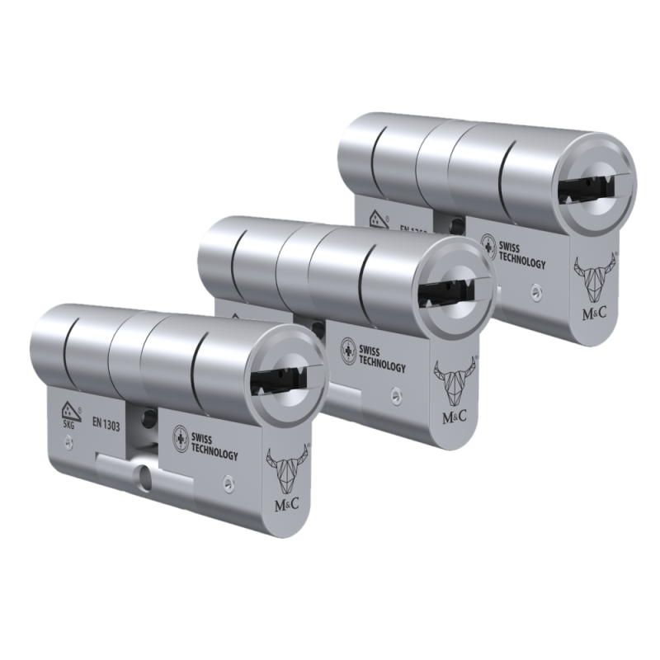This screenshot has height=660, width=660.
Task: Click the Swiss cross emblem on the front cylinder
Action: (x=179, y=438)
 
